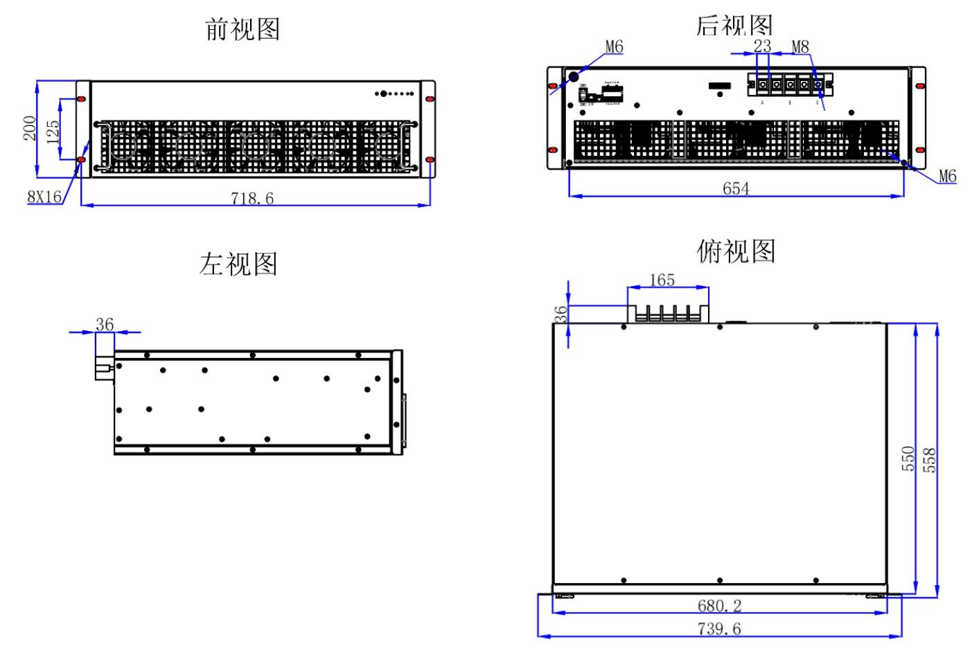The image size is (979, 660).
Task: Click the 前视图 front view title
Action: [242, 30]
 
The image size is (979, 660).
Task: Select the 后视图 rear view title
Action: [734, 26]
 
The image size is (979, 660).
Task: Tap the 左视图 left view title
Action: [238, 265]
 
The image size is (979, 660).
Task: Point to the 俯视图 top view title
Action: [736, 251]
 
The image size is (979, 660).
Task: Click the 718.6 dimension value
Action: [252, 199]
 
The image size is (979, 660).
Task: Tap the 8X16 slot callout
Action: [44, 197]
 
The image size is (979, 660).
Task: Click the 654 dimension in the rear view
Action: [736, 188]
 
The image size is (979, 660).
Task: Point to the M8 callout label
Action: [800, 47]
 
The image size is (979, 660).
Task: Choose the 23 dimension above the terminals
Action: [762, 46]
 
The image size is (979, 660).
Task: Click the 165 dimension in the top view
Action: [662, 280]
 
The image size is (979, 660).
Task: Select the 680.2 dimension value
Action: [719, 606]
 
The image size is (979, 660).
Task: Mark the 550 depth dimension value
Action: [908, 458]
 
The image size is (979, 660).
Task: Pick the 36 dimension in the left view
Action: [105, 324]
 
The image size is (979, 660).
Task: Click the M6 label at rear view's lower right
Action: [947, 177]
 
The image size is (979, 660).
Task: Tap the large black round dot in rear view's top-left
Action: [574, 77]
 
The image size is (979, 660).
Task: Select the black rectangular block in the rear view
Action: [719, 86]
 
